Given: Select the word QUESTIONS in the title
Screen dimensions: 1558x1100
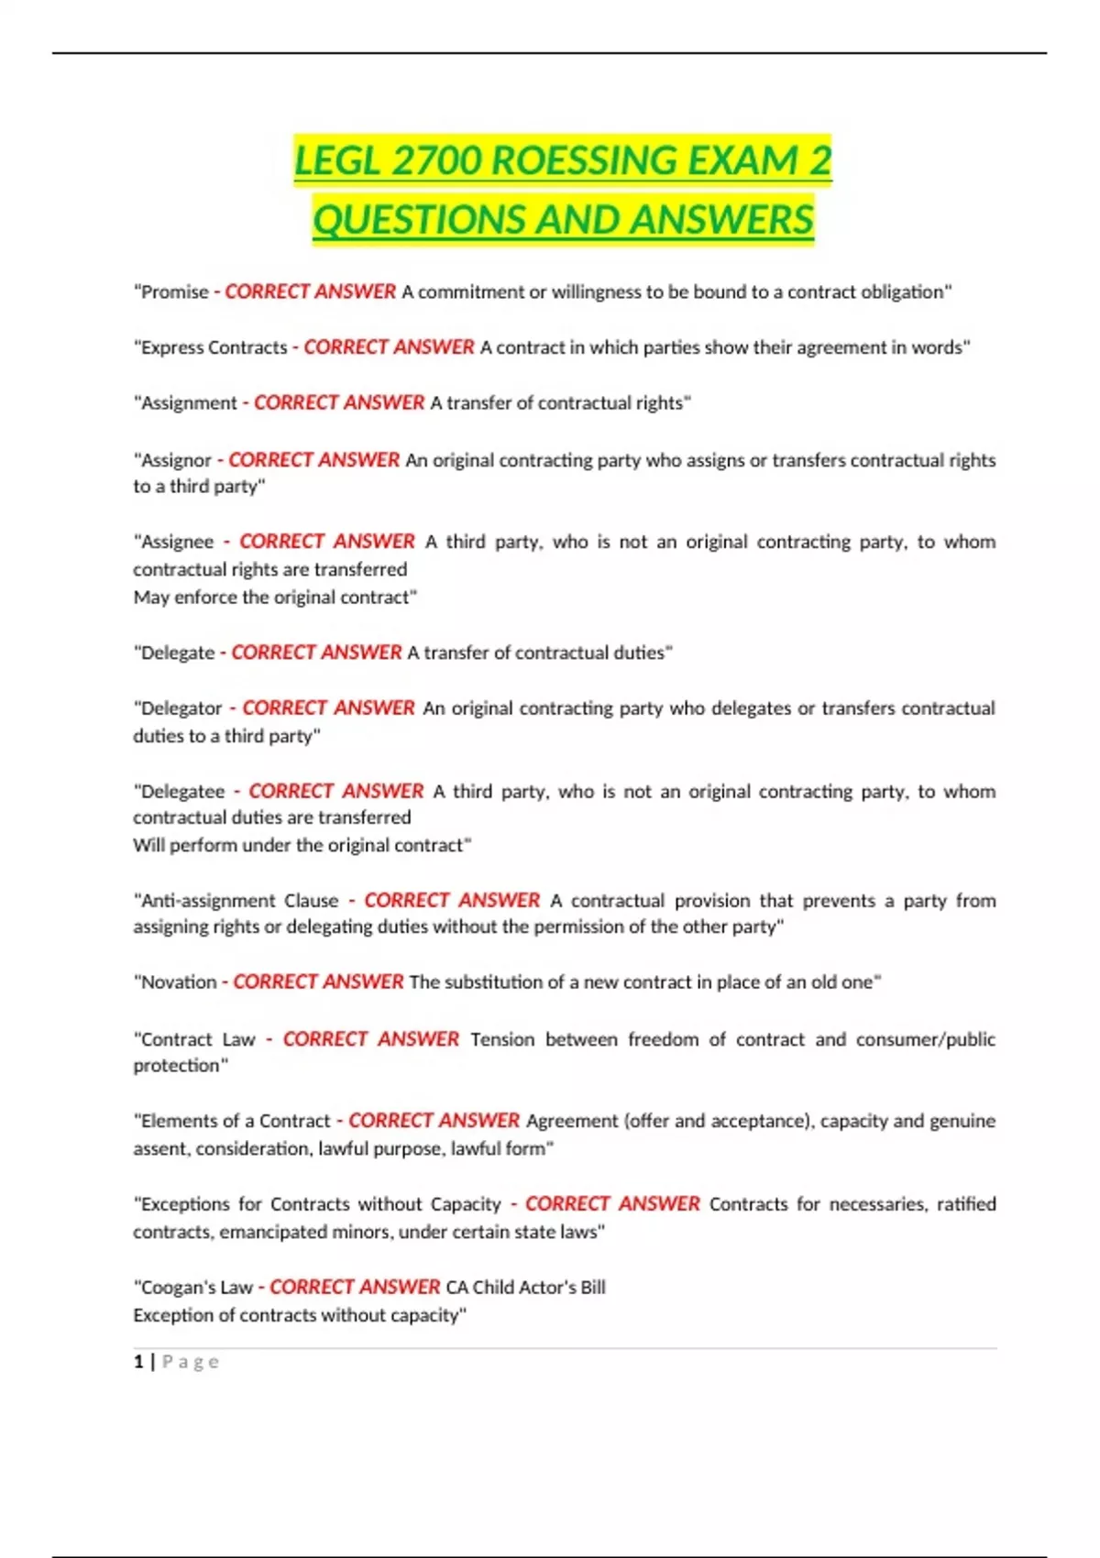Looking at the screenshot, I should pyautogui.click(x=419, y=220).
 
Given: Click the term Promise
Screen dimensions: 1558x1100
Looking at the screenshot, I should pyautogui.click(x=174, y=292).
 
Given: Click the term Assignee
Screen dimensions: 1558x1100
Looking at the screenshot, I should pyautogui.click(x=177, y=542).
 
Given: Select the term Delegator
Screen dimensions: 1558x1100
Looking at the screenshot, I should pyautogui.click(x=181, y=708).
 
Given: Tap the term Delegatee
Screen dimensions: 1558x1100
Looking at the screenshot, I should pyautogui.click(x=182, y=791).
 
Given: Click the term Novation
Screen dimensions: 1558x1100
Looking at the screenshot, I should pyautogui.click(x=179, y=982).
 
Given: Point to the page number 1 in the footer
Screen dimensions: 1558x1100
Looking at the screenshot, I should pyautogui.click(x=138, y=1362).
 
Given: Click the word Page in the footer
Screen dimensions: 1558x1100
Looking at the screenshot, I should pyautogui.click(x=191, y=1362).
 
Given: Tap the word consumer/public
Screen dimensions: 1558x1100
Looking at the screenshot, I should pyautogui.click(x=925, y=1039).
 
